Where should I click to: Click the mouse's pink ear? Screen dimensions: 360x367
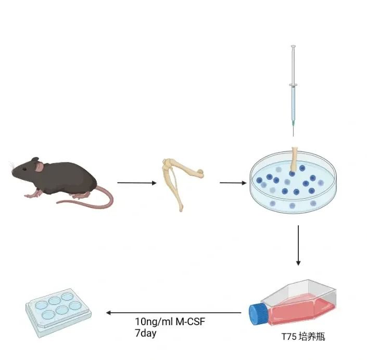pyautogui.click(x=39, y=167)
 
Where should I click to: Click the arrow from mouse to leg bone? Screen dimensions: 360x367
pyautogui.click(x=137, y=183)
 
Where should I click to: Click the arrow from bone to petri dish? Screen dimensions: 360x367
pyautogui.click(x=233, y=183)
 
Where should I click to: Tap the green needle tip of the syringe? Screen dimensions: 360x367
pyautogui.click(x=293, y=123)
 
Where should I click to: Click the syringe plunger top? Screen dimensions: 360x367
pyautogui.click(x=293, y=47)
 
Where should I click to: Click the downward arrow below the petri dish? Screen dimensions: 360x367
pyautogui.click(x=298, y=245)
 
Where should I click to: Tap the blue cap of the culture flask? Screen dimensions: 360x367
pyautogui.click(x=257, y=314)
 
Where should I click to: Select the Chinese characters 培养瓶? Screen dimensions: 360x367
pyautogui.click(x=313, y=337)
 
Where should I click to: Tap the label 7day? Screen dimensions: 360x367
pyautogui.click(x=145, y=333)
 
